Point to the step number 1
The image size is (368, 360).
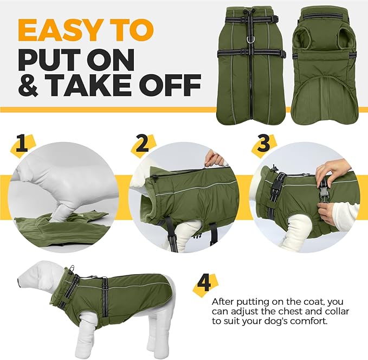click(22, 144)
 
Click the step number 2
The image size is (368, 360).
click(143, 144)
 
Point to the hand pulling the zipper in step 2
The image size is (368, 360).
click(214, 158)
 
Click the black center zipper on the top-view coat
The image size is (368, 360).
click(251, 81)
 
